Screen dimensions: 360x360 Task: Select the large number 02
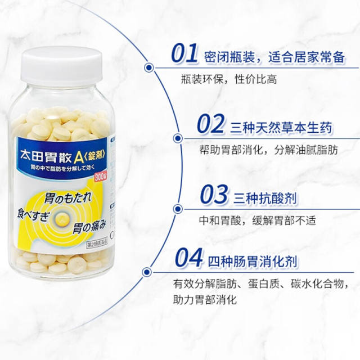[210, 124]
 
